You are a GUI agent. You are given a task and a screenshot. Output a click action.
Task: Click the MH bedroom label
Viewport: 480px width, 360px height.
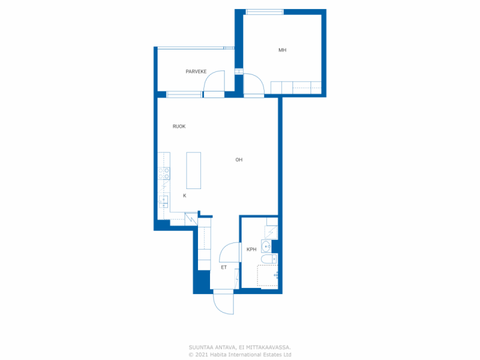[x=282, y=50]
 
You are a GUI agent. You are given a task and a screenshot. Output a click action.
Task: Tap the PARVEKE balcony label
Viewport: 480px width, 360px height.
[x=196, y=71]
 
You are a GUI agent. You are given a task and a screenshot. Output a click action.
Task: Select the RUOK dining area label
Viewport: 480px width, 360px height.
[x=179, y=126]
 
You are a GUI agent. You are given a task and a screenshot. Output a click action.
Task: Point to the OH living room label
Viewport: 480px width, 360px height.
[x=239, y=160]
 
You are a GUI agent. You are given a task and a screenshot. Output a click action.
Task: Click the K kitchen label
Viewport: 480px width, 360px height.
[x=184, y=195]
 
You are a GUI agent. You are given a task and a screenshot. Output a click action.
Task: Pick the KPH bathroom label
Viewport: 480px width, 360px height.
[x=252, y=249]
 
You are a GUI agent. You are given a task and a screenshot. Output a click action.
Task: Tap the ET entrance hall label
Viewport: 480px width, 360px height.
[x=224, y=267]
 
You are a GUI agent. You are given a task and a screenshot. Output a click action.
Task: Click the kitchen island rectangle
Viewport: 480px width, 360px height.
[x=193, y=170]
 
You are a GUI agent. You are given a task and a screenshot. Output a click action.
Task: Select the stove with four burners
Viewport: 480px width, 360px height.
[x=164, y=173]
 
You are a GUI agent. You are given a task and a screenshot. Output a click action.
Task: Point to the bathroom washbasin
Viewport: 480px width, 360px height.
[x=266, y=246]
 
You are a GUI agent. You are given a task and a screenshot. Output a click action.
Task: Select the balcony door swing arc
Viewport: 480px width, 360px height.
[x=214, y=81]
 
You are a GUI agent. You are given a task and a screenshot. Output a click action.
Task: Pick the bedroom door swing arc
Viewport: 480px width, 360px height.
[x=253, y=84]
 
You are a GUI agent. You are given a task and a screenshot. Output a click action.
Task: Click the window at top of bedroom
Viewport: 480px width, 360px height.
[x=264, y=12]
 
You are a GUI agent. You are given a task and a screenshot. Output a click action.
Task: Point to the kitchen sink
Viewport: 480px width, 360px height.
[x=163, y=201]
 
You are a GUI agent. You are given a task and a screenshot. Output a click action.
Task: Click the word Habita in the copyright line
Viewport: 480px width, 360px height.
[x=218, y=355]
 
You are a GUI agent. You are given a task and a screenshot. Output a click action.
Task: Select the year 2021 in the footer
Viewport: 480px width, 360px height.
[x=201, y=355]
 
